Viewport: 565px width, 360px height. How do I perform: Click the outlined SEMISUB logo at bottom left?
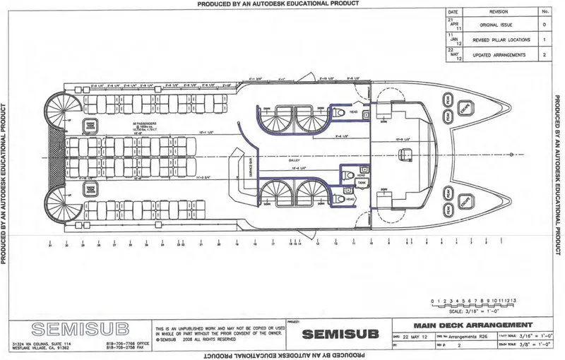(x=56, y=328)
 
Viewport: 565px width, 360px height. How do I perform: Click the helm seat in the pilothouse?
(x=405, y=153)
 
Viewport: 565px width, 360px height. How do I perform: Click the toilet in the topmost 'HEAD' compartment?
(x=340, y=112)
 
